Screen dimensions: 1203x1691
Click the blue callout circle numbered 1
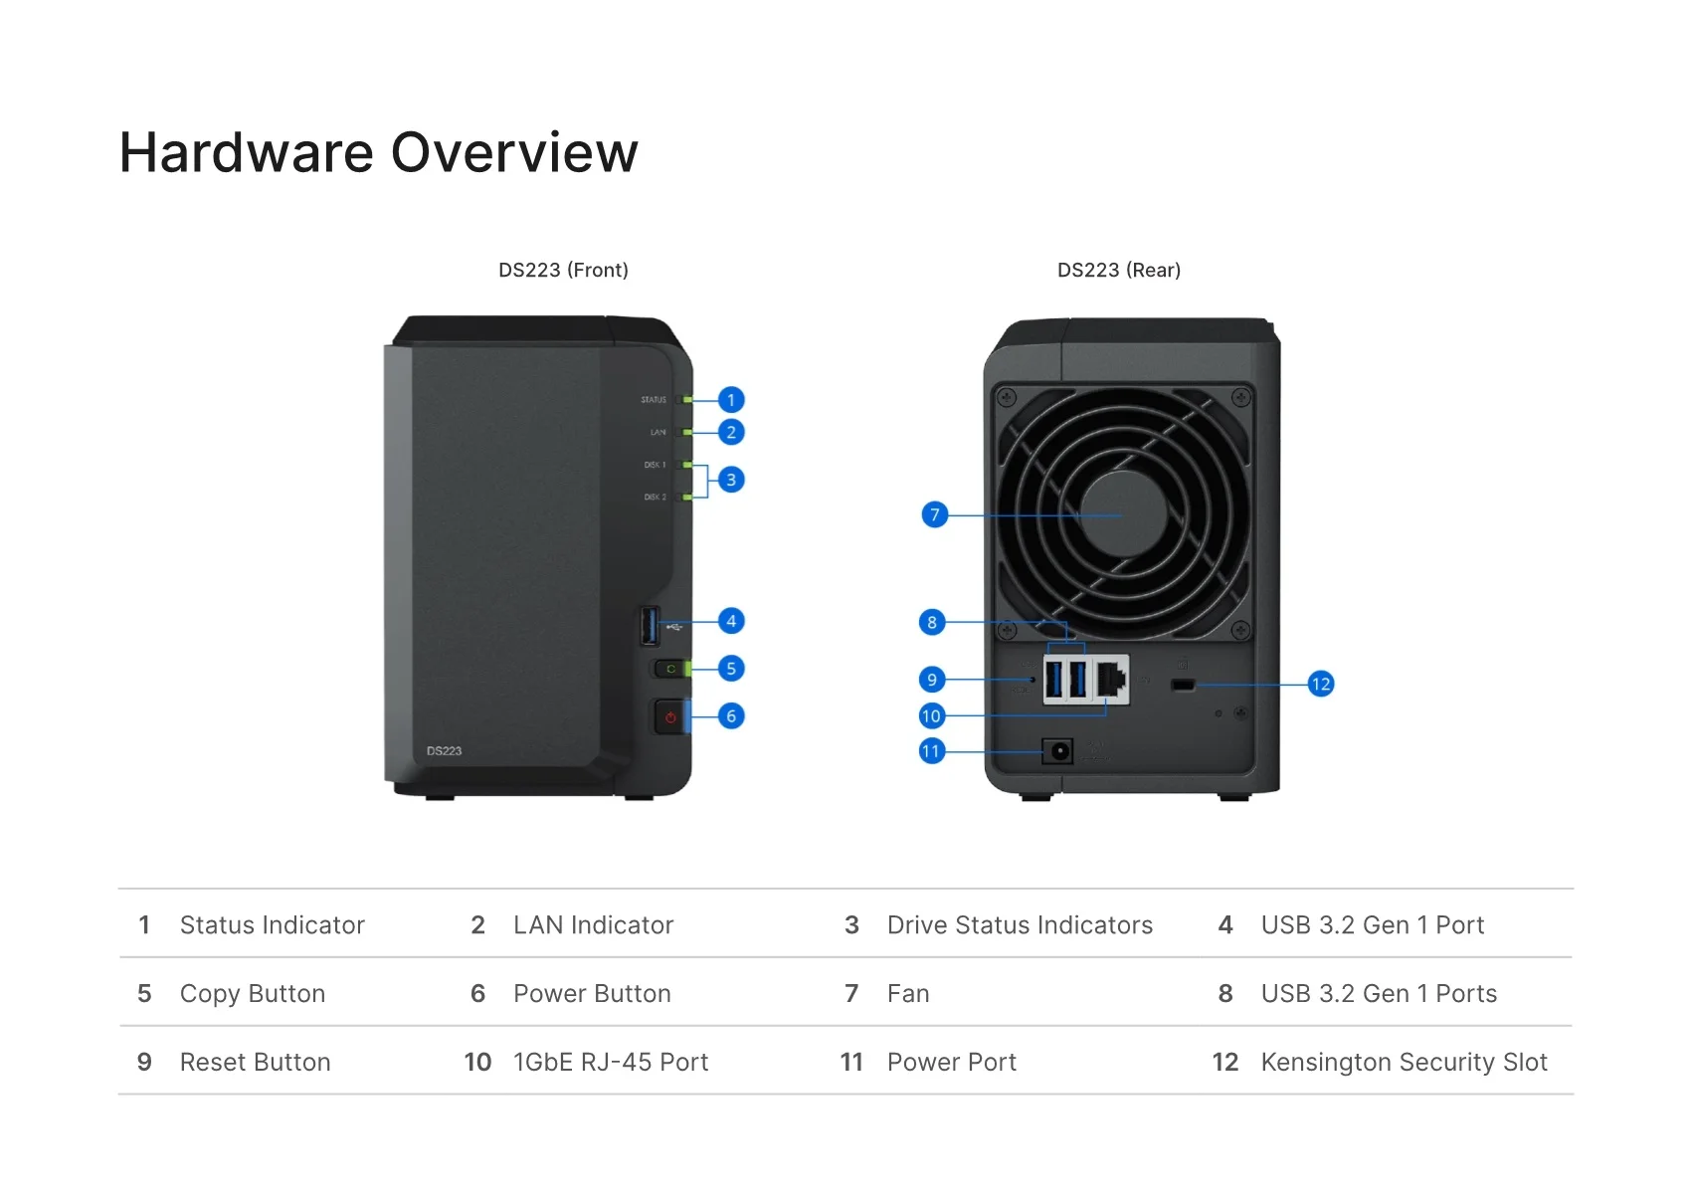click(731, 400)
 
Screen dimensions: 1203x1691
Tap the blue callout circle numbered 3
click(731, 480)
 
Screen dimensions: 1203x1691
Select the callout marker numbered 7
click(935, 514)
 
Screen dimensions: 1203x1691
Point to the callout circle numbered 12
click(1321, 684)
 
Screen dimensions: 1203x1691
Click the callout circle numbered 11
click(931, 751)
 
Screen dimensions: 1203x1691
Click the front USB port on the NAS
click(651, 625)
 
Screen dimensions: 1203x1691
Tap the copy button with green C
click(670, 669)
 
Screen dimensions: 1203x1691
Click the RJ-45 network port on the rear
click(1111, 680)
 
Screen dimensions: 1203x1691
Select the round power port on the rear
click(1057, 750)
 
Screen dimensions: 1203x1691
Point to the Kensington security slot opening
click(1183, 685)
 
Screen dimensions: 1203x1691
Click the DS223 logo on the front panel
click(444, 751)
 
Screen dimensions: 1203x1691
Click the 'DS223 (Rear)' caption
click(1119, 271)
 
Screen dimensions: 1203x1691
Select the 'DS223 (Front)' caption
click(563, 271)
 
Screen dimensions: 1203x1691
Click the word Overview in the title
click(514, 153)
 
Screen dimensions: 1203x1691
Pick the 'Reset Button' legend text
click(255, 1063)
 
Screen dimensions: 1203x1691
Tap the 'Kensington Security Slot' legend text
click(1404, 1063)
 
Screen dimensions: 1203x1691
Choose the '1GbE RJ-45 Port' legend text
click(611, 1063)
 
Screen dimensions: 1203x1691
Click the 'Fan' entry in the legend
click(908, 994)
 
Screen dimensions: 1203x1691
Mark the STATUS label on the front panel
click(654, 400)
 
